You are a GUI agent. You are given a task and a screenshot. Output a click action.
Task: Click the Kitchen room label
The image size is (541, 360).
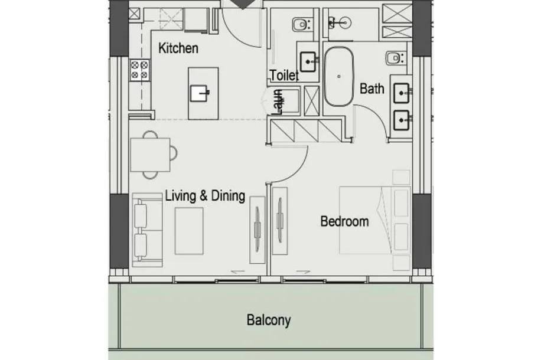(178, 48)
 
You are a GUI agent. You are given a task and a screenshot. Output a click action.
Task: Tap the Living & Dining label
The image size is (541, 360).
(205, 195)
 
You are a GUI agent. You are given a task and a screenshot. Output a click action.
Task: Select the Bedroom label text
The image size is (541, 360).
(344, 221)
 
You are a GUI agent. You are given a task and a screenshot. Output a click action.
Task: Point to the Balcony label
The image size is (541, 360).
(268, 320)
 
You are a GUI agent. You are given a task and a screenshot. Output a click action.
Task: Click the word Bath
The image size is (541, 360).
(371, 89)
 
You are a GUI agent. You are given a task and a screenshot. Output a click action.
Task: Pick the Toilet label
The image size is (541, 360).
(284, 75)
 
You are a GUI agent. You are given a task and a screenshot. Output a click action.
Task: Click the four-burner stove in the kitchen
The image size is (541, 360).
(139, 70)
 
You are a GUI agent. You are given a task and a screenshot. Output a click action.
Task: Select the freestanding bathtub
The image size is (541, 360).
(339, 77)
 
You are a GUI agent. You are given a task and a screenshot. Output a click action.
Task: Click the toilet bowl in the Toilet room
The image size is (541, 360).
(300, 24)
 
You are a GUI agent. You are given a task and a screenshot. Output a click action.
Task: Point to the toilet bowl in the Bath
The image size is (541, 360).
(394, 58)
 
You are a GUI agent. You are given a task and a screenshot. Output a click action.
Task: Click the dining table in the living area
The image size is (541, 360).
(150, 155)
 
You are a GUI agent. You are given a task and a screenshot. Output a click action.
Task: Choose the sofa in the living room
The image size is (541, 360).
(147, 230)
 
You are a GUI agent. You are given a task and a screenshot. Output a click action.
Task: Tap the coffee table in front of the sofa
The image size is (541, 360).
(189, 231)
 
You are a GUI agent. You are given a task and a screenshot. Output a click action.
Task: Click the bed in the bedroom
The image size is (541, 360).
(375, 220)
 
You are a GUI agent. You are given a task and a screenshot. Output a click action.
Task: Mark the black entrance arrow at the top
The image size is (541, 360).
(243, 5)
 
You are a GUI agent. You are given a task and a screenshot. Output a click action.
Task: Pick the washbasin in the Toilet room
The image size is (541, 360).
(308, 62)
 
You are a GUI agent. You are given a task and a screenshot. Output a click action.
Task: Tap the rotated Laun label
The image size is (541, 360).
(278, 102)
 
